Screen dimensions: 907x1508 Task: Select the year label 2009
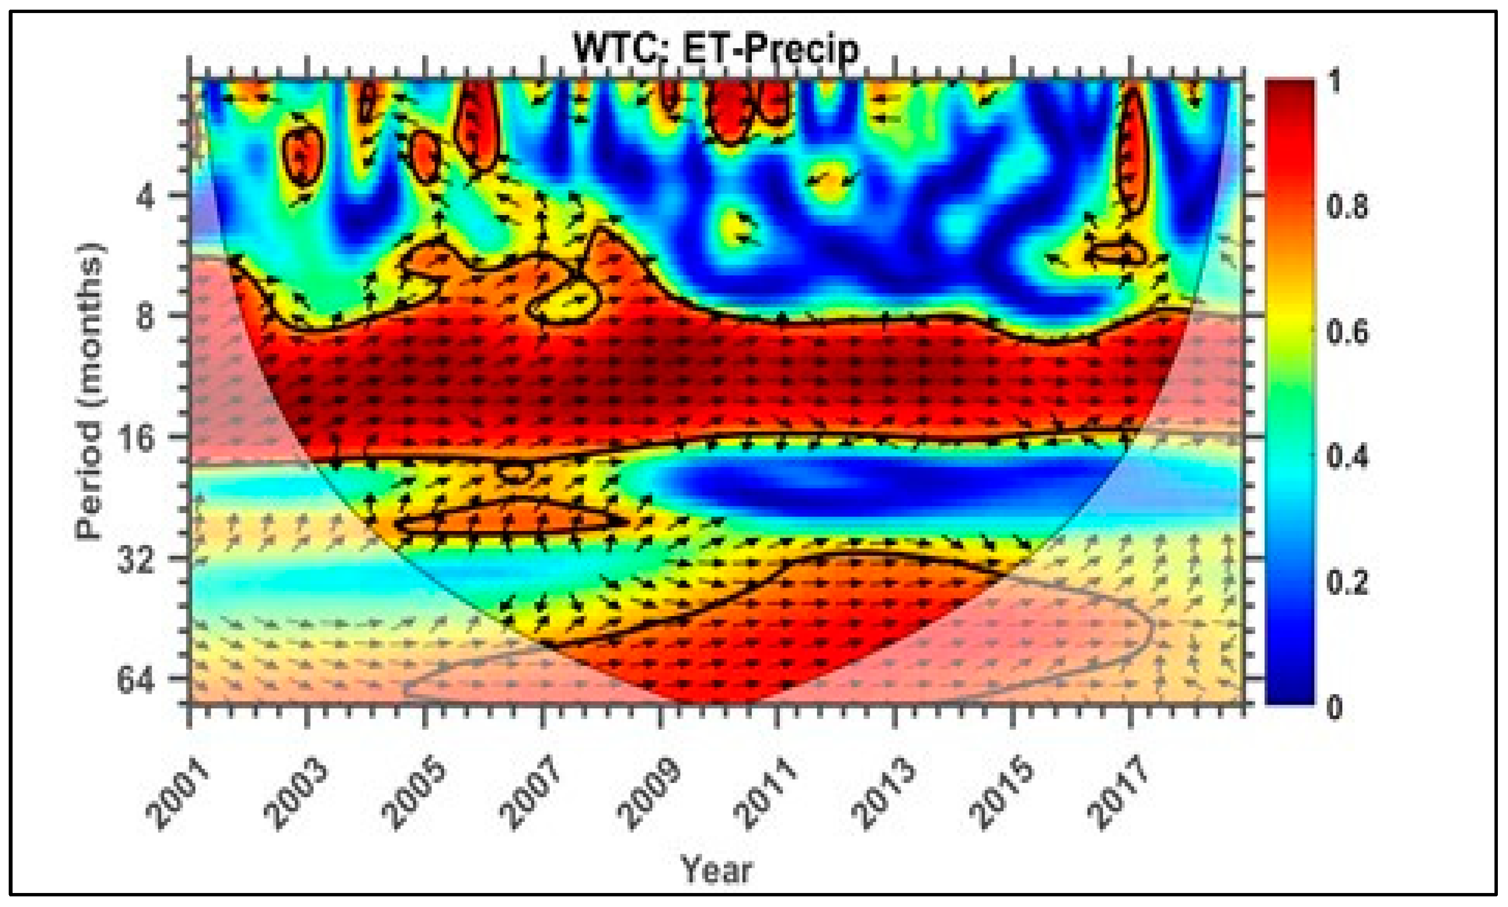coord(649,792)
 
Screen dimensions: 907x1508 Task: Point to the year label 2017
coord(1119,792)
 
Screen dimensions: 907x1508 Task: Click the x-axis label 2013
coord(884,792)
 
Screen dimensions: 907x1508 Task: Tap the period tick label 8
coord(144,317)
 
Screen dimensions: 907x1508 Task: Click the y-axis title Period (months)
coord(90,391)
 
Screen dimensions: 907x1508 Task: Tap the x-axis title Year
coord(716,870)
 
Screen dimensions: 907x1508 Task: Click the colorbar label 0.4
coord(1347,457)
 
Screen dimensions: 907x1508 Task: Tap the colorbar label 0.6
coord(1347,332)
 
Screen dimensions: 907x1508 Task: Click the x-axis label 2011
coord(767,792)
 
